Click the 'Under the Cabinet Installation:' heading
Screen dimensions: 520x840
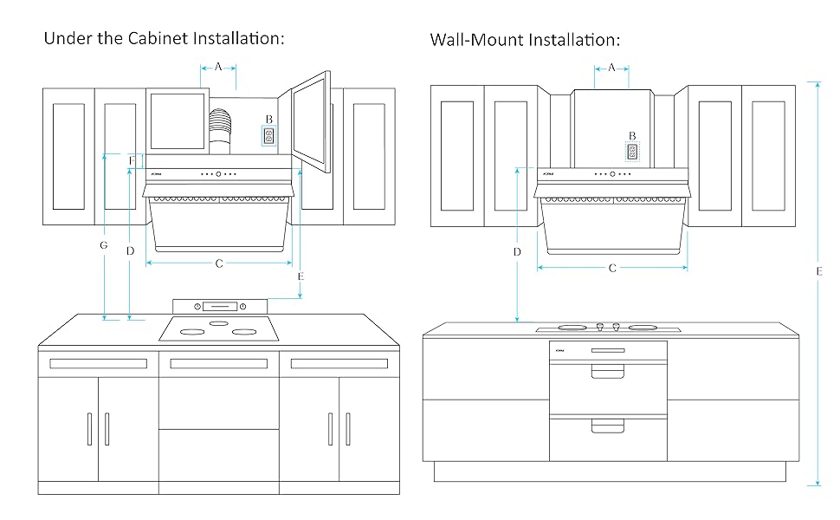click(x=164, y=39)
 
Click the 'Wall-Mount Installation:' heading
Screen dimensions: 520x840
click(x=525, y=41)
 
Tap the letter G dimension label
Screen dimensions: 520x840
click(x=103, y=246)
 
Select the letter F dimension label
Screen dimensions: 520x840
click(x=131, y=161)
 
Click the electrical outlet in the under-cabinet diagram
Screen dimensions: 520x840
click(x=268, y=137)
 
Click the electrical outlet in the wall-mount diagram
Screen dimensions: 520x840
click(x=632, y=152)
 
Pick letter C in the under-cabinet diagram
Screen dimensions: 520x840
click(x=219, y=263)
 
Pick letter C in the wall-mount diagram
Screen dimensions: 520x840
click(x=612, y=269)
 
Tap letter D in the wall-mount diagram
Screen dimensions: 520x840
click(x=517, y=252)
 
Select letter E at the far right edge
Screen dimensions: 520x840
click(x=818, y=271)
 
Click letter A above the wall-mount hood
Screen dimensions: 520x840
click(x=612, y=68)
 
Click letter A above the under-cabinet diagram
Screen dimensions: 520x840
click(x=218, y=66)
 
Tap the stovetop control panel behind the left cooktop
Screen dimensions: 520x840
click(x=221, y=305)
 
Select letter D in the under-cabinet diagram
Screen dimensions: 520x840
click(x=130, y=251)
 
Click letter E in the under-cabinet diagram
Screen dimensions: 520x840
click(x=300, y=276)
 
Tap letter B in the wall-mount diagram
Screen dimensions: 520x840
click(x=632, y=136)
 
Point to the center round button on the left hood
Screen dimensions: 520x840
click(x=219, y=173)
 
